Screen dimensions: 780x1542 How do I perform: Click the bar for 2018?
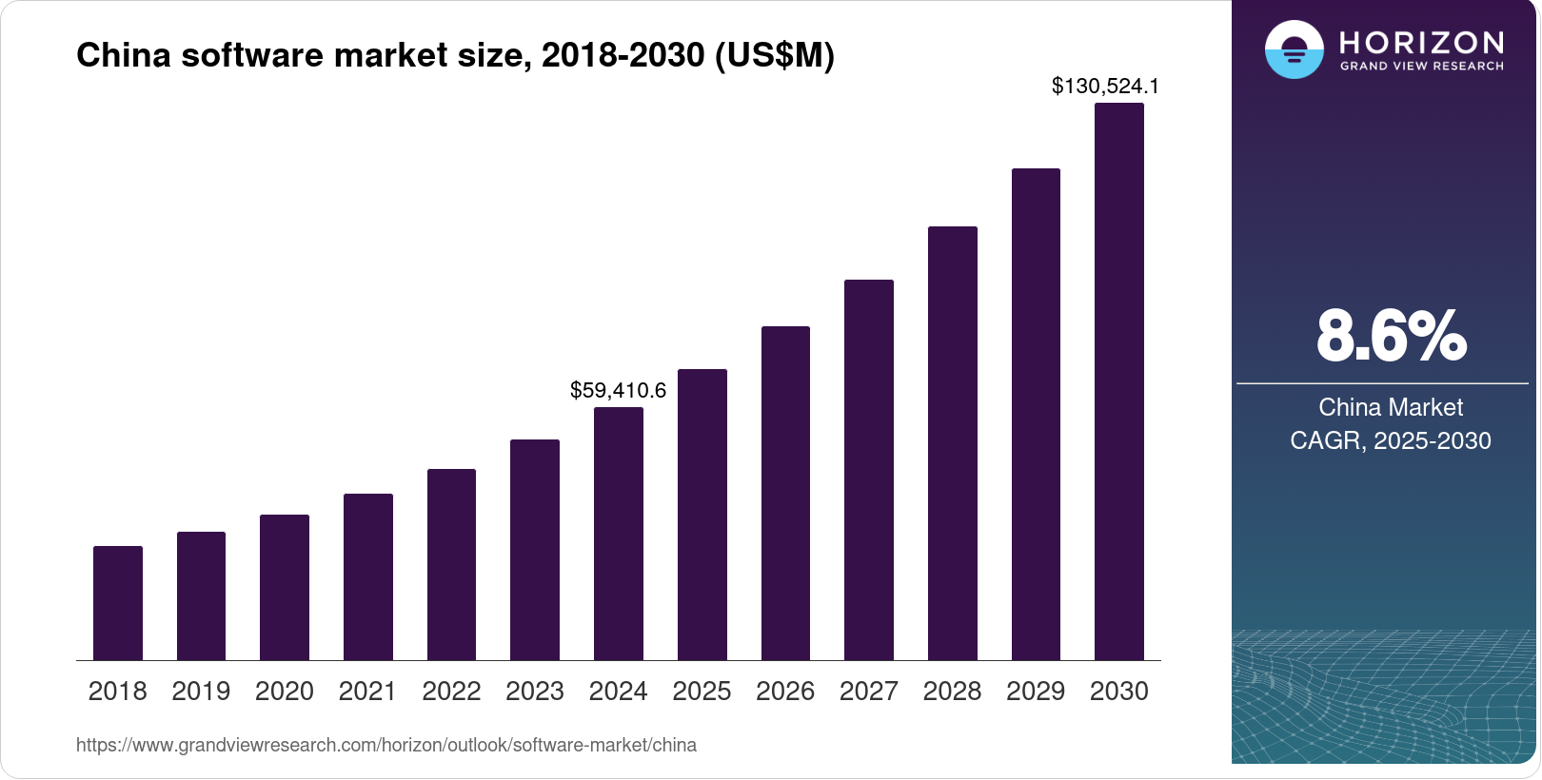[118, 603]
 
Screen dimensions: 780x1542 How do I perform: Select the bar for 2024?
[619, 534]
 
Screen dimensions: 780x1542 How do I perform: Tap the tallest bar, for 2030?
[1119, 381]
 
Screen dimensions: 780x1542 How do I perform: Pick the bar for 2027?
[869, 470]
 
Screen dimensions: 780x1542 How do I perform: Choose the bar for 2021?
[368, 576]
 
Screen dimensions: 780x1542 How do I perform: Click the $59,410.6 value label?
[619, 390]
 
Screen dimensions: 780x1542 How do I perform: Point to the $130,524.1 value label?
[1105, 87]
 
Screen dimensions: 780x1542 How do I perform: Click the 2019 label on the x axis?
[201, 692]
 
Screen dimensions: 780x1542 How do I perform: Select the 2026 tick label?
[785, 692]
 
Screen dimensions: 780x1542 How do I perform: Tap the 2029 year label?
[1036, 692]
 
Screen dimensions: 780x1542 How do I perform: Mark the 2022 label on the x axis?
[451, 692]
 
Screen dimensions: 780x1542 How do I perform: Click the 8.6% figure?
[1391, 337]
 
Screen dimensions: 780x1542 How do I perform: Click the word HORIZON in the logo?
[1421, 43]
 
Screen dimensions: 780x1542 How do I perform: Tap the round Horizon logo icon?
[1294, 49]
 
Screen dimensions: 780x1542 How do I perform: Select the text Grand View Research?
[1421, 67]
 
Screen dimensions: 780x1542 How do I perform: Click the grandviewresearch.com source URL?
[386, 745]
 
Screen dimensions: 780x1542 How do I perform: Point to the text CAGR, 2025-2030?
[1391, 440]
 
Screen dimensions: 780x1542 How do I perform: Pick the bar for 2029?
[1036, 415]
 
